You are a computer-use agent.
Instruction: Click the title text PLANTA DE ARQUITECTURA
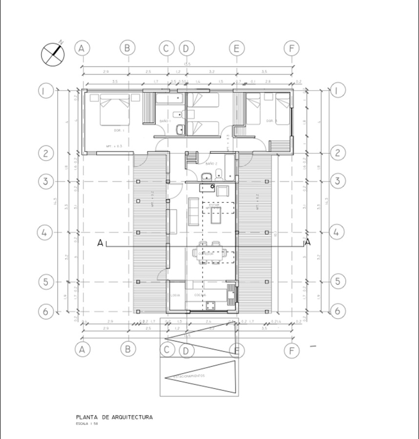tap(114, 418)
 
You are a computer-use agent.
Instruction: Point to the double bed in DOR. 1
tap(115, 111)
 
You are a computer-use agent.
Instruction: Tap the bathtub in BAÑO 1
tap(169, 100)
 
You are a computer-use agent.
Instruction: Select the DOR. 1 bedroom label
tap(119, 131)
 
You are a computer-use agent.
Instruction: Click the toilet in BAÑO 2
tap(219, 173)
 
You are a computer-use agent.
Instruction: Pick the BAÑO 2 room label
tap(211, 164)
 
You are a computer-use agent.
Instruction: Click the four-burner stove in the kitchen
tap(211, 306)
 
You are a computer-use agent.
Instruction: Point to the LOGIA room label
tap(175, 296)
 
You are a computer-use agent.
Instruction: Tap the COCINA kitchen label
tap(200, 296)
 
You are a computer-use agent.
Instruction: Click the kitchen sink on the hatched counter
tap(231, 293)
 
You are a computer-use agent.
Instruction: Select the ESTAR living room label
tap(213, 205)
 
